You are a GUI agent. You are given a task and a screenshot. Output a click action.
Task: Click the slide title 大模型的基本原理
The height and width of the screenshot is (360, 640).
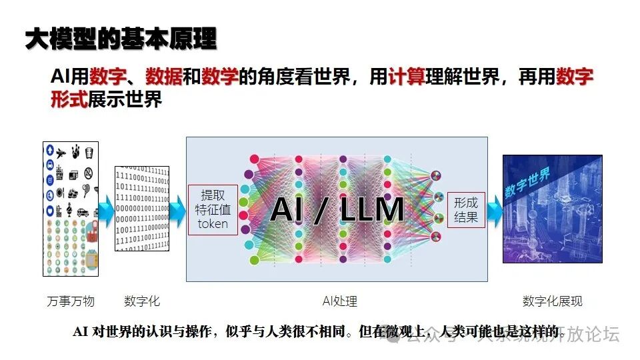click(121, 39)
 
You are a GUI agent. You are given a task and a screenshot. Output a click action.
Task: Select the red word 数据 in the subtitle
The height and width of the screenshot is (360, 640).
click(164, 77)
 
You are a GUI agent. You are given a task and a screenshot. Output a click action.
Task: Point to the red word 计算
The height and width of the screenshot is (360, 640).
click(407, 77)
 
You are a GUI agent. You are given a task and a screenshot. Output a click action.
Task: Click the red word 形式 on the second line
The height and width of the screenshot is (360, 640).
click(69, 100)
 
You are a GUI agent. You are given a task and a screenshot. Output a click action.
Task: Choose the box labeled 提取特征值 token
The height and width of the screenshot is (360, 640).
click(213, 209)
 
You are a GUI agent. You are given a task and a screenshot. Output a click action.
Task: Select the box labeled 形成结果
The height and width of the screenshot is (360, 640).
click(466, 209)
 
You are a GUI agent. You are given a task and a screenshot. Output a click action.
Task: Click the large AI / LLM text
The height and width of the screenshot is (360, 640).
click(337, 210)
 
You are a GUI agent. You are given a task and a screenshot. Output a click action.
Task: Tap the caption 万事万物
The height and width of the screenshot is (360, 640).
click(71, 301)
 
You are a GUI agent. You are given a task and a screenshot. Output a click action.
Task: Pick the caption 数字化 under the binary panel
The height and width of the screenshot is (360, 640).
click(142, 301)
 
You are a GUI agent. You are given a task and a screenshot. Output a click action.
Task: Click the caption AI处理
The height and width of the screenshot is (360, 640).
click(339, 301)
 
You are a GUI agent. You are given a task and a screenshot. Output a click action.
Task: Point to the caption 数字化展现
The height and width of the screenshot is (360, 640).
click(552, 301)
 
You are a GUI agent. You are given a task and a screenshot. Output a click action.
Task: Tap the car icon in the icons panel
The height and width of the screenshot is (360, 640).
click(83, 213)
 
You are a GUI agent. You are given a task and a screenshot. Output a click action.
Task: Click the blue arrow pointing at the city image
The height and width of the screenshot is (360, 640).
click(494, 209)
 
